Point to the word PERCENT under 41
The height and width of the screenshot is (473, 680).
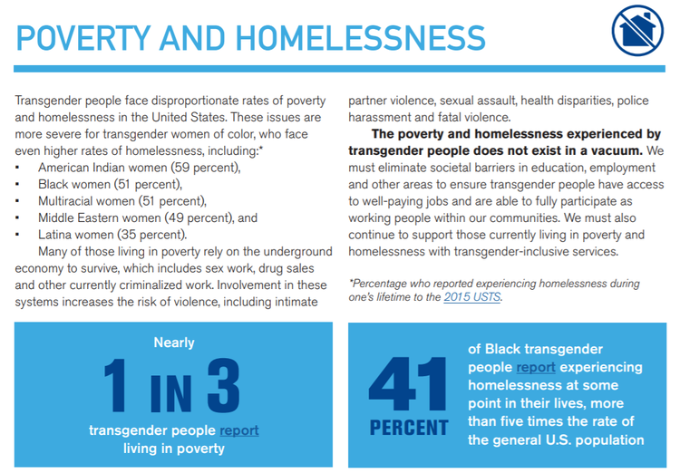click(x=408, y=427)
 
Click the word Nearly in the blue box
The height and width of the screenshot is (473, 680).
click(x=174, y=343)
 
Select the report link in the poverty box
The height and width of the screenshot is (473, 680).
click(x=238, y=430)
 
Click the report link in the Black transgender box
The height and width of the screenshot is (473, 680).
click(x=536, y=367)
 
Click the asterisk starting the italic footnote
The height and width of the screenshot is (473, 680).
click(x=352, y=283)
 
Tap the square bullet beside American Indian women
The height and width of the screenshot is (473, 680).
click(x=18, y=169)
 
